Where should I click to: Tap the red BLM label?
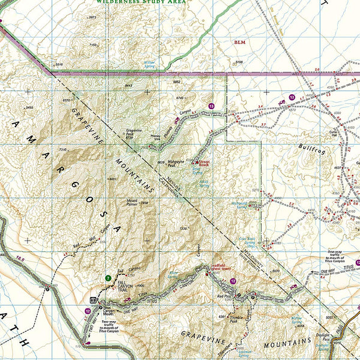pyautogui.click(x=240, y=43)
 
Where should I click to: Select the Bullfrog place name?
pyautogui.click(x=313, y=146)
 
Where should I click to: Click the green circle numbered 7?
pyautogui.click(x=107, y=278)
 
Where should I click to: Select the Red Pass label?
pyautogui.click(x=226, y=296)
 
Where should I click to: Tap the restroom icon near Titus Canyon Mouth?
pyautogui.click(x=93, y=300)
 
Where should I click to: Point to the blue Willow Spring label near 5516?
pyautogui.click(x=149, y=63)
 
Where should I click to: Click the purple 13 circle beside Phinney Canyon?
pyautogui.click(x=211, y=106)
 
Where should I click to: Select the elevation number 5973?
pyautogui.click(x=92, y=17)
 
